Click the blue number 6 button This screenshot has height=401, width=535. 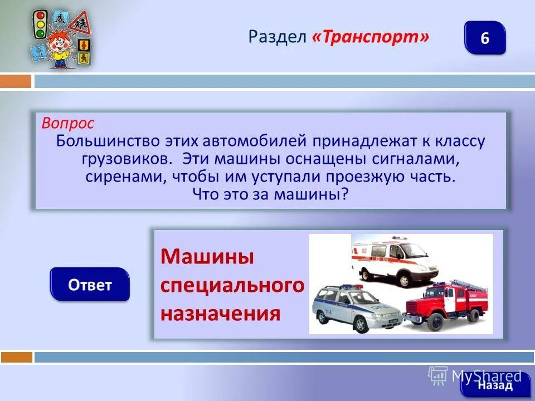pos(484,38)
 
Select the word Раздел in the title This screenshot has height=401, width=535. pos(278,37)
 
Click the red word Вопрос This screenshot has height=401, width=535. pos(68,123)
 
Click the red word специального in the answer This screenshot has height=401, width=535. pos(232,286)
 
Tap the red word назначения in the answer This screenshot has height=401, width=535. pos(220,314)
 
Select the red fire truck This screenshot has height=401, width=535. pos(446,304)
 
